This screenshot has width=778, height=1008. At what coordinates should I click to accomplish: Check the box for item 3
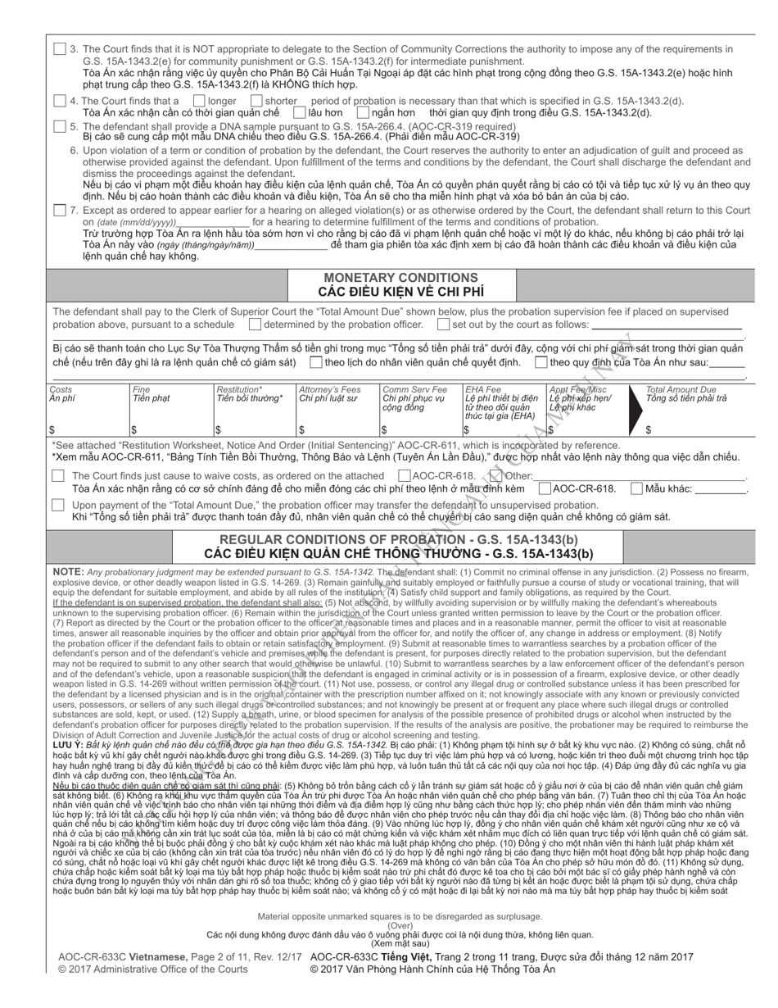(59, 49)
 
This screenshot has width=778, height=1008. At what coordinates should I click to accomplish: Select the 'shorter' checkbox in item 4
(255, 101)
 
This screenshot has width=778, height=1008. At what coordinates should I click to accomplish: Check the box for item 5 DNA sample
(59, 126)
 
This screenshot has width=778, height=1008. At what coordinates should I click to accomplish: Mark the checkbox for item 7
(59, 211)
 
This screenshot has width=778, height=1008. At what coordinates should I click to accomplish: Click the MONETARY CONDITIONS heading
(401, 278)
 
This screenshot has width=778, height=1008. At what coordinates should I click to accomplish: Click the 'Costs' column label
(61, 390)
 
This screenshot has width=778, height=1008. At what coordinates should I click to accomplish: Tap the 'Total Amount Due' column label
(681, 390)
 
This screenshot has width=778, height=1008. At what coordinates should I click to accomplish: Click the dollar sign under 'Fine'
(134, 429)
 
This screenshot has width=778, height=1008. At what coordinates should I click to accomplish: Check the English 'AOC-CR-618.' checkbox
(405, 475)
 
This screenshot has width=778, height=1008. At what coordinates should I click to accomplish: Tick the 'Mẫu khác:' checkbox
(636, 488)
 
